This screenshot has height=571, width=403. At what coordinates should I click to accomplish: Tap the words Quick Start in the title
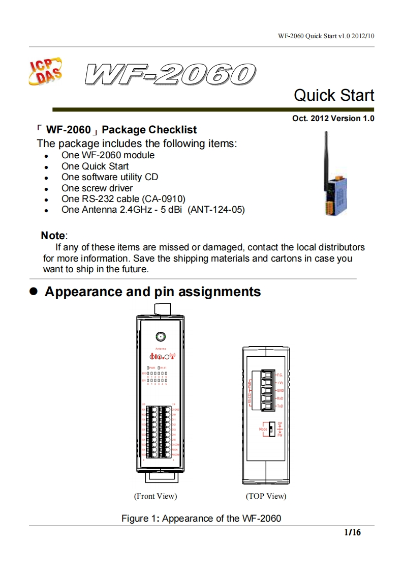tap(334, 95)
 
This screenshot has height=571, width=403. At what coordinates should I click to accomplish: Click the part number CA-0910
tap(165, 198)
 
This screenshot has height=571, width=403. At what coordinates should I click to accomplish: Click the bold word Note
tap(53, 236)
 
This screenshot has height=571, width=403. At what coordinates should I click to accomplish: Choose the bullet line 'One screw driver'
tap(97, 188)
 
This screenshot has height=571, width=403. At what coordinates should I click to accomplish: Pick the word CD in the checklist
tap(151, 177)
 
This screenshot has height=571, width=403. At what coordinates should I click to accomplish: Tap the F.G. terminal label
tap(280, 375)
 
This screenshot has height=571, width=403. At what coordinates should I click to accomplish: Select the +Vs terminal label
tap(280, 383)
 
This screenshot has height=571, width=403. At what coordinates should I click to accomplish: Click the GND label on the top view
tap(280, 390)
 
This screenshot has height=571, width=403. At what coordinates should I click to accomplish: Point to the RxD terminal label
tap(280, 398)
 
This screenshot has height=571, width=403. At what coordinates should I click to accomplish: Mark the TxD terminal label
tap(280, 406)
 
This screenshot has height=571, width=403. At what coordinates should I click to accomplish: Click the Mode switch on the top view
tap(272, 429)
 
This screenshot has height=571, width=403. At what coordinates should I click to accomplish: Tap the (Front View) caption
tap(156, 496)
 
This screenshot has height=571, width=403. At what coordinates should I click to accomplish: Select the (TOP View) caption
tap(266, 496)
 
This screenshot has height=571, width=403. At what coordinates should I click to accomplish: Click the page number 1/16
tap(352, 533)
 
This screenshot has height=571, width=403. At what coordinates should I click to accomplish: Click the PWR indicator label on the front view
tap(152, 367)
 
